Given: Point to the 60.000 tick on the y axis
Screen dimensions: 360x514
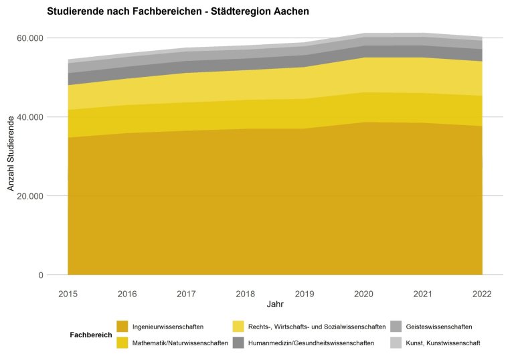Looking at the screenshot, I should tap(29, 38).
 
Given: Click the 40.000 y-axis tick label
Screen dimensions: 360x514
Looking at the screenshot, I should tap(29, 117).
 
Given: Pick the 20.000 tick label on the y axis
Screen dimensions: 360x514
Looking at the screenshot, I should tap(29, 196).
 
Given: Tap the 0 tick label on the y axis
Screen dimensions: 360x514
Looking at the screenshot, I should tap(40, 275).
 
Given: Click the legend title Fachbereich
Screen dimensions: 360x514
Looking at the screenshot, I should tap(90, 335).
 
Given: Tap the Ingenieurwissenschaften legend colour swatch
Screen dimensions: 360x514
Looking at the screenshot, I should tap(122, 327).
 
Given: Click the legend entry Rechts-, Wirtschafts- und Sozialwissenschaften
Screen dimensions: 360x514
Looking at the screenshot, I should tap(317, 327).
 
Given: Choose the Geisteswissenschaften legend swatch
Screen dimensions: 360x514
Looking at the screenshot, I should tap(396, 327).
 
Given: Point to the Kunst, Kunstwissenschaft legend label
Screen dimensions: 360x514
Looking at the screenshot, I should tap(444, 343).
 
